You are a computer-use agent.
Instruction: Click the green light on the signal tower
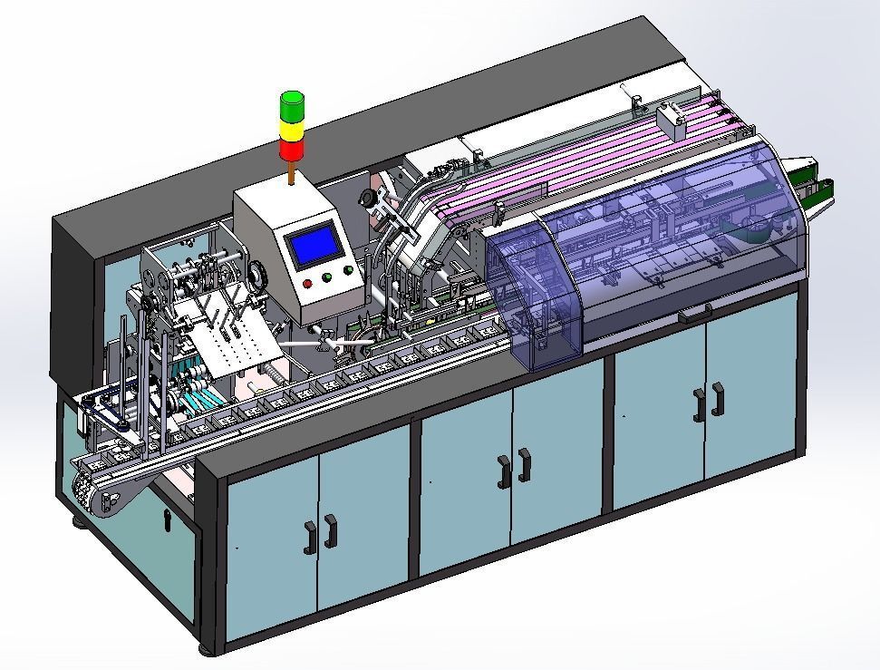[292, 105]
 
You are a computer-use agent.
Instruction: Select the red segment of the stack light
[292, 151]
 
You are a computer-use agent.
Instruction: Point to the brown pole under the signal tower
[292, 174]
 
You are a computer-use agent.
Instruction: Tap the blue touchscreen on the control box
[314, 245]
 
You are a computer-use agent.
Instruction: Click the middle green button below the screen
[327, 277]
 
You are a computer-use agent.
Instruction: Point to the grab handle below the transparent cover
[695, 314]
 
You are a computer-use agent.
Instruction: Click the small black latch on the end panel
[167, 518]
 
